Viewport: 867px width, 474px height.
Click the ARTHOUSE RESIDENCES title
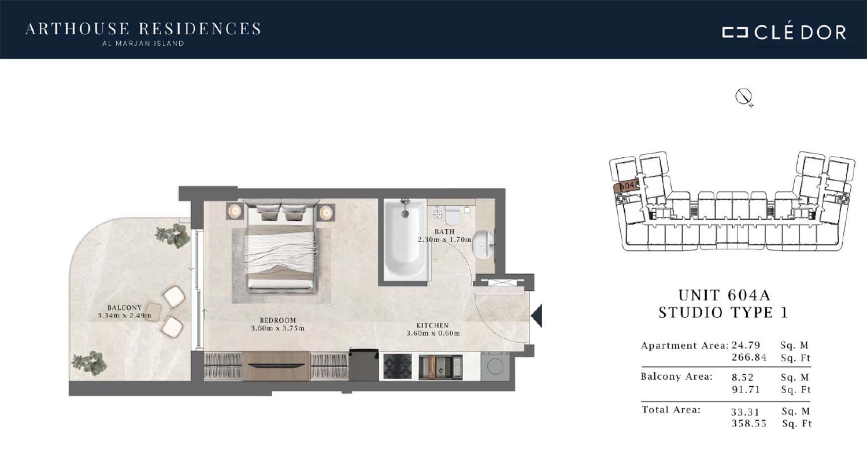pyautogui.click(x=143, y=29)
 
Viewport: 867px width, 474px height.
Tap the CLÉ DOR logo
pyautogui.click(x=784, y=32)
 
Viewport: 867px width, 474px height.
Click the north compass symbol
pyautogui.click(x=744, y=97)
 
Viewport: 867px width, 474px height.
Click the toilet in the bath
pyautogui.click(x=452, y=215)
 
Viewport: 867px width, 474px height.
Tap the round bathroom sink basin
pyautogui.click(x=483, y=245)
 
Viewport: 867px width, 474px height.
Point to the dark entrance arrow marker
pyautogui.click(x=537, y=316)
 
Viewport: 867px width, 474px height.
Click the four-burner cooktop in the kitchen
pyautogui.click(x=398, y=366)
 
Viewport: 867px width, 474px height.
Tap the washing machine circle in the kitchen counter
pyautogui.click(x=495, y=366)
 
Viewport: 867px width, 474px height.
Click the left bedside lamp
pyautogui.click(x=235, y=211)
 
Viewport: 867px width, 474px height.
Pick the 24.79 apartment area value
pyautogui.click(x=746, y=345)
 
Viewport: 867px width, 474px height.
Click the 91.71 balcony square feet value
pyautogui.click(x=746, y=389)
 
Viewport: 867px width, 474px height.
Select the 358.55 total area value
pyautogui.click(x=749, y=424)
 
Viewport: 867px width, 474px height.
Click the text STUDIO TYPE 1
pyautogui.click(x=724, y=313)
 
